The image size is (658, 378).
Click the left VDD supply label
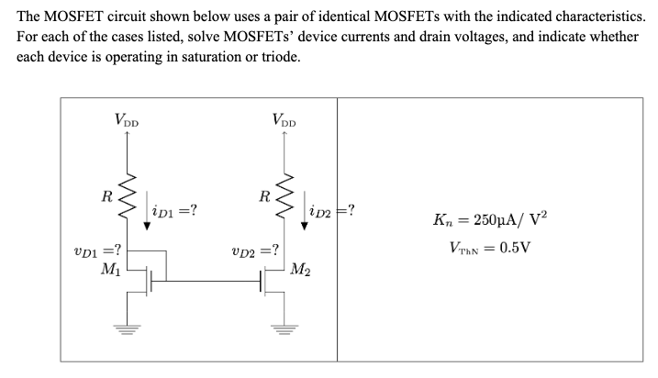[127, 118]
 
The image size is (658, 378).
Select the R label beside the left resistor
[107, 195]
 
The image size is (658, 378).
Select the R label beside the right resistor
[264, 195]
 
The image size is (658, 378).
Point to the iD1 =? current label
[173, 213]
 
